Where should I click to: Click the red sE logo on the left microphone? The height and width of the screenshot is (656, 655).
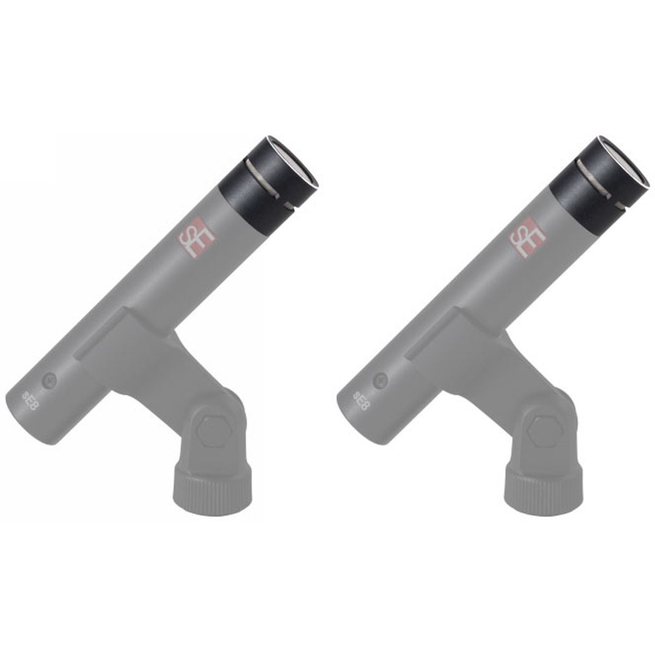(196, 238)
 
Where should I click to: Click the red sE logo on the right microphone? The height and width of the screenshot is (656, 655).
(528, 238)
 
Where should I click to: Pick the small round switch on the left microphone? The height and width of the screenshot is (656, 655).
(49, 381)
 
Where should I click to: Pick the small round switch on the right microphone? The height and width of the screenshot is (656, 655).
(380, 381)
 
